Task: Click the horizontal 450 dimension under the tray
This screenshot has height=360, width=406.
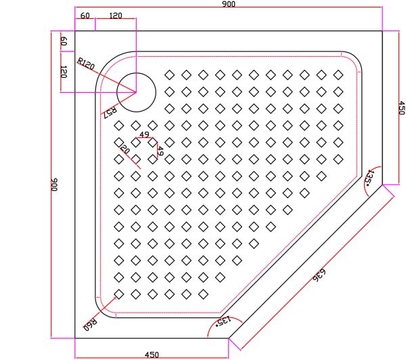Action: (152, 354)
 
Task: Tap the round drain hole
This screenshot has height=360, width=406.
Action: (137, 91)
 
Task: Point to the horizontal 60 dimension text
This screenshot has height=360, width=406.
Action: (85, 16)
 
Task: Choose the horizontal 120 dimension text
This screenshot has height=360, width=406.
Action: (116, 16)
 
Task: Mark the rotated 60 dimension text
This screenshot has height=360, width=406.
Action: (64, 41)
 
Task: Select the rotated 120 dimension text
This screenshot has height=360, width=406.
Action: (64, 72)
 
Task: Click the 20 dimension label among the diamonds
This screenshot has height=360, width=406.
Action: (125, 148)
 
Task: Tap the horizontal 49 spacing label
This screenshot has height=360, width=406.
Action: (144, 135)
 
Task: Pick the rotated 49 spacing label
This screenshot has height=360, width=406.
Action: (160, 151)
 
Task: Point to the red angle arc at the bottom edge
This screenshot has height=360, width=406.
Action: (212, 330)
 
